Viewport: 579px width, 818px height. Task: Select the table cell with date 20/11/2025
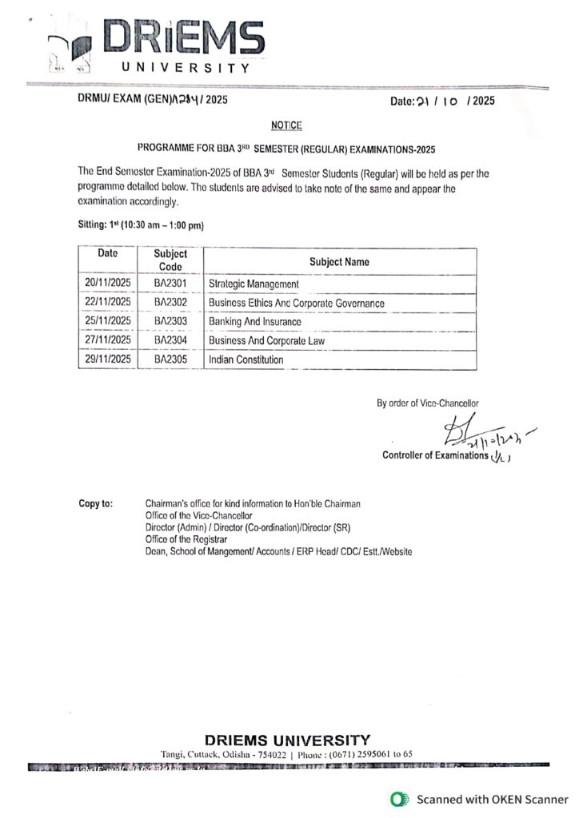[107, 283]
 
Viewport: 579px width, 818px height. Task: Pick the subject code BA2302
[170, 303]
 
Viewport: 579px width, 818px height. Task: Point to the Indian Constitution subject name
[246, 360]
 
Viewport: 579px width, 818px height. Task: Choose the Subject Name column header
[339, 262]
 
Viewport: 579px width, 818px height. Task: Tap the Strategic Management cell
[254, 284]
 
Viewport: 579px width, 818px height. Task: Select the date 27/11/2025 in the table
[107, 340]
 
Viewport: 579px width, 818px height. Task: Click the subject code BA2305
[170, 360]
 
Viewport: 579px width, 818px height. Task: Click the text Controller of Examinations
[435, 455]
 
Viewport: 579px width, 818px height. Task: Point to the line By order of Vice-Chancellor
[428, 403]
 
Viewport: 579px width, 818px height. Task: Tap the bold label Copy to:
[95, 504]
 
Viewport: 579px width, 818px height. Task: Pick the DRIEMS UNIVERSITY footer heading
[287, 740]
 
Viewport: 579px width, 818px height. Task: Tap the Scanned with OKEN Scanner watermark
[479, 799]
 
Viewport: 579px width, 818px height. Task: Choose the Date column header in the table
[107, 253]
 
